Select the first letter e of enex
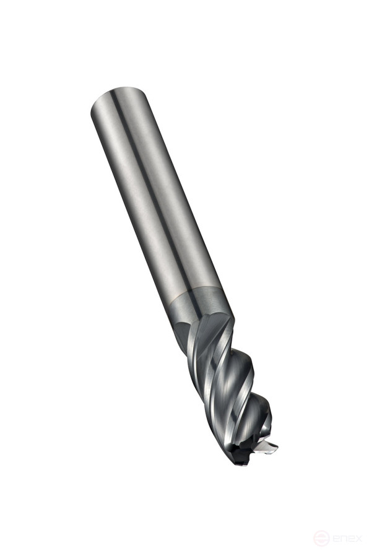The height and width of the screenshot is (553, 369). pyautogui.click(x=334, y=537)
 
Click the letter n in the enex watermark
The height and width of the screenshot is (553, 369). pyautogui.click(x=342, y=537)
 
